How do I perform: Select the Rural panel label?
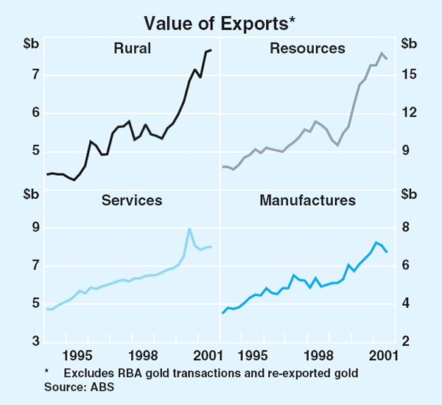point(133,49)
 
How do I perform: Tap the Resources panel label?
point(307,49)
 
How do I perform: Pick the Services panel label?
point(133,200)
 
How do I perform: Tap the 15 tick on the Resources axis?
point(410,75)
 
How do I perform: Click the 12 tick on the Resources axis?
point(410,113)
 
